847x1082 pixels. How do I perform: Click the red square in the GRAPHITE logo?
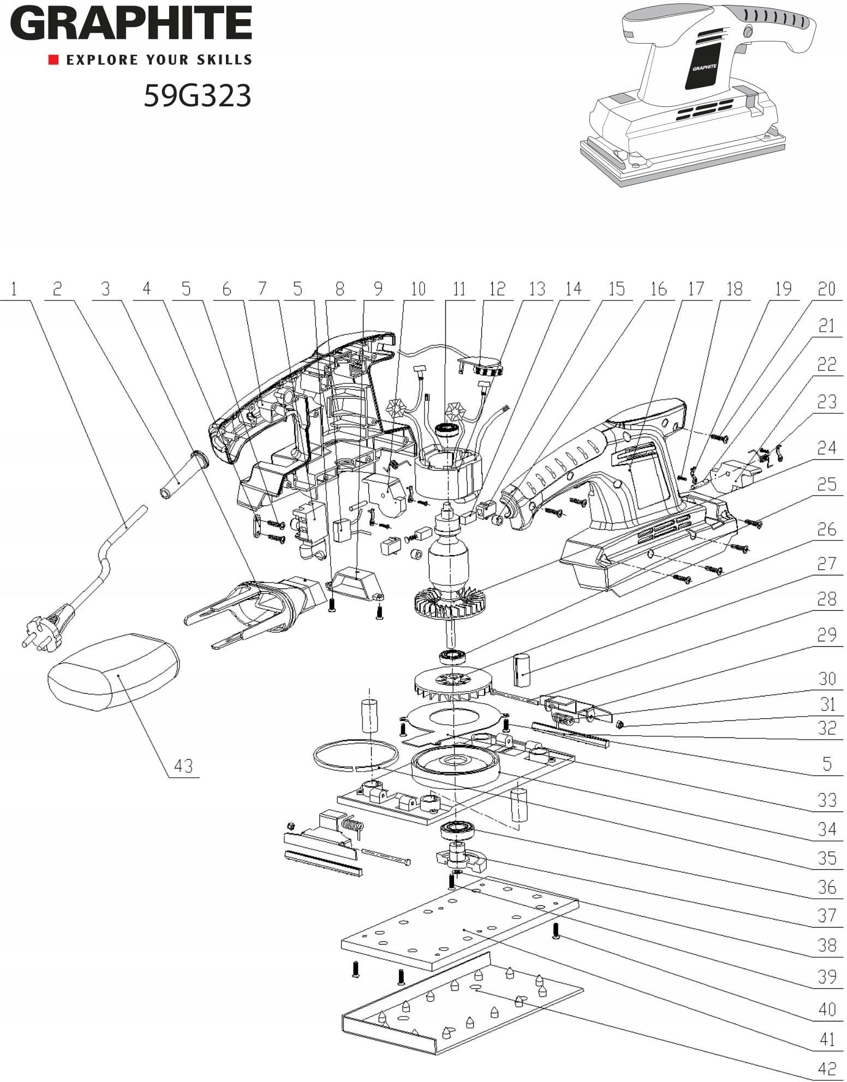pos(53,59)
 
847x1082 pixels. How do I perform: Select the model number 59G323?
pos(198,95)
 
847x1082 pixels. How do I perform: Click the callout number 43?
pos(184,766)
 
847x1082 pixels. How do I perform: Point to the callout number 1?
pos(14,289)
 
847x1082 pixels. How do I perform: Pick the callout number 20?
pos(826,289)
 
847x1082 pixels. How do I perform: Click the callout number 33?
pos(827,800)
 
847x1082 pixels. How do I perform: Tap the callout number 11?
pos(459,289)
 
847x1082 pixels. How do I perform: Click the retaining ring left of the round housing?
pos(355,758)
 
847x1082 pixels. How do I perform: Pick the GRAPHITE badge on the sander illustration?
pos(704,68)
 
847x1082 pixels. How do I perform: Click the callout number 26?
pos(827,529)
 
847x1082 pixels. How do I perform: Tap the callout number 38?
pos(827,944)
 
